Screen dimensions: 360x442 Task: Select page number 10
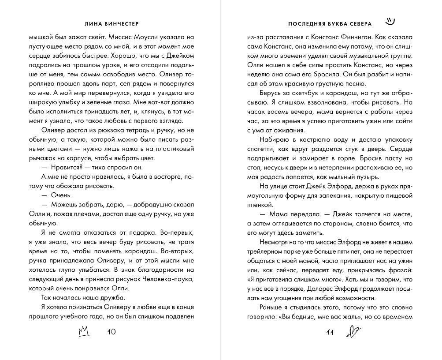coord(111,332)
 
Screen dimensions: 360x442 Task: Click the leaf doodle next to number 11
coord(354,331)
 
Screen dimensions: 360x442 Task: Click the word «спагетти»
coord(262,149)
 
